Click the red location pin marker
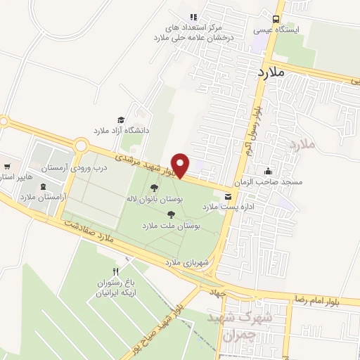coord(181,165)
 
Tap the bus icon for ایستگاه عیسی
coord(276,19)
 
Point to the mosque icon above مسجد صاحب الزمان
coord(268,170)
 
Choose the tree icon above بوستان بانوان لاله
coord(153,188)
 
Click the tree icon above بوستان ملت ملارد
coord(171,214)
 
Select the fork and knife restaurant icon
coord(117,271)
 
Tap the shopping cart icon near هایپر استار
coord(7,167)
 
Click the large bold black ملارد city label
coord(270,72)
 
